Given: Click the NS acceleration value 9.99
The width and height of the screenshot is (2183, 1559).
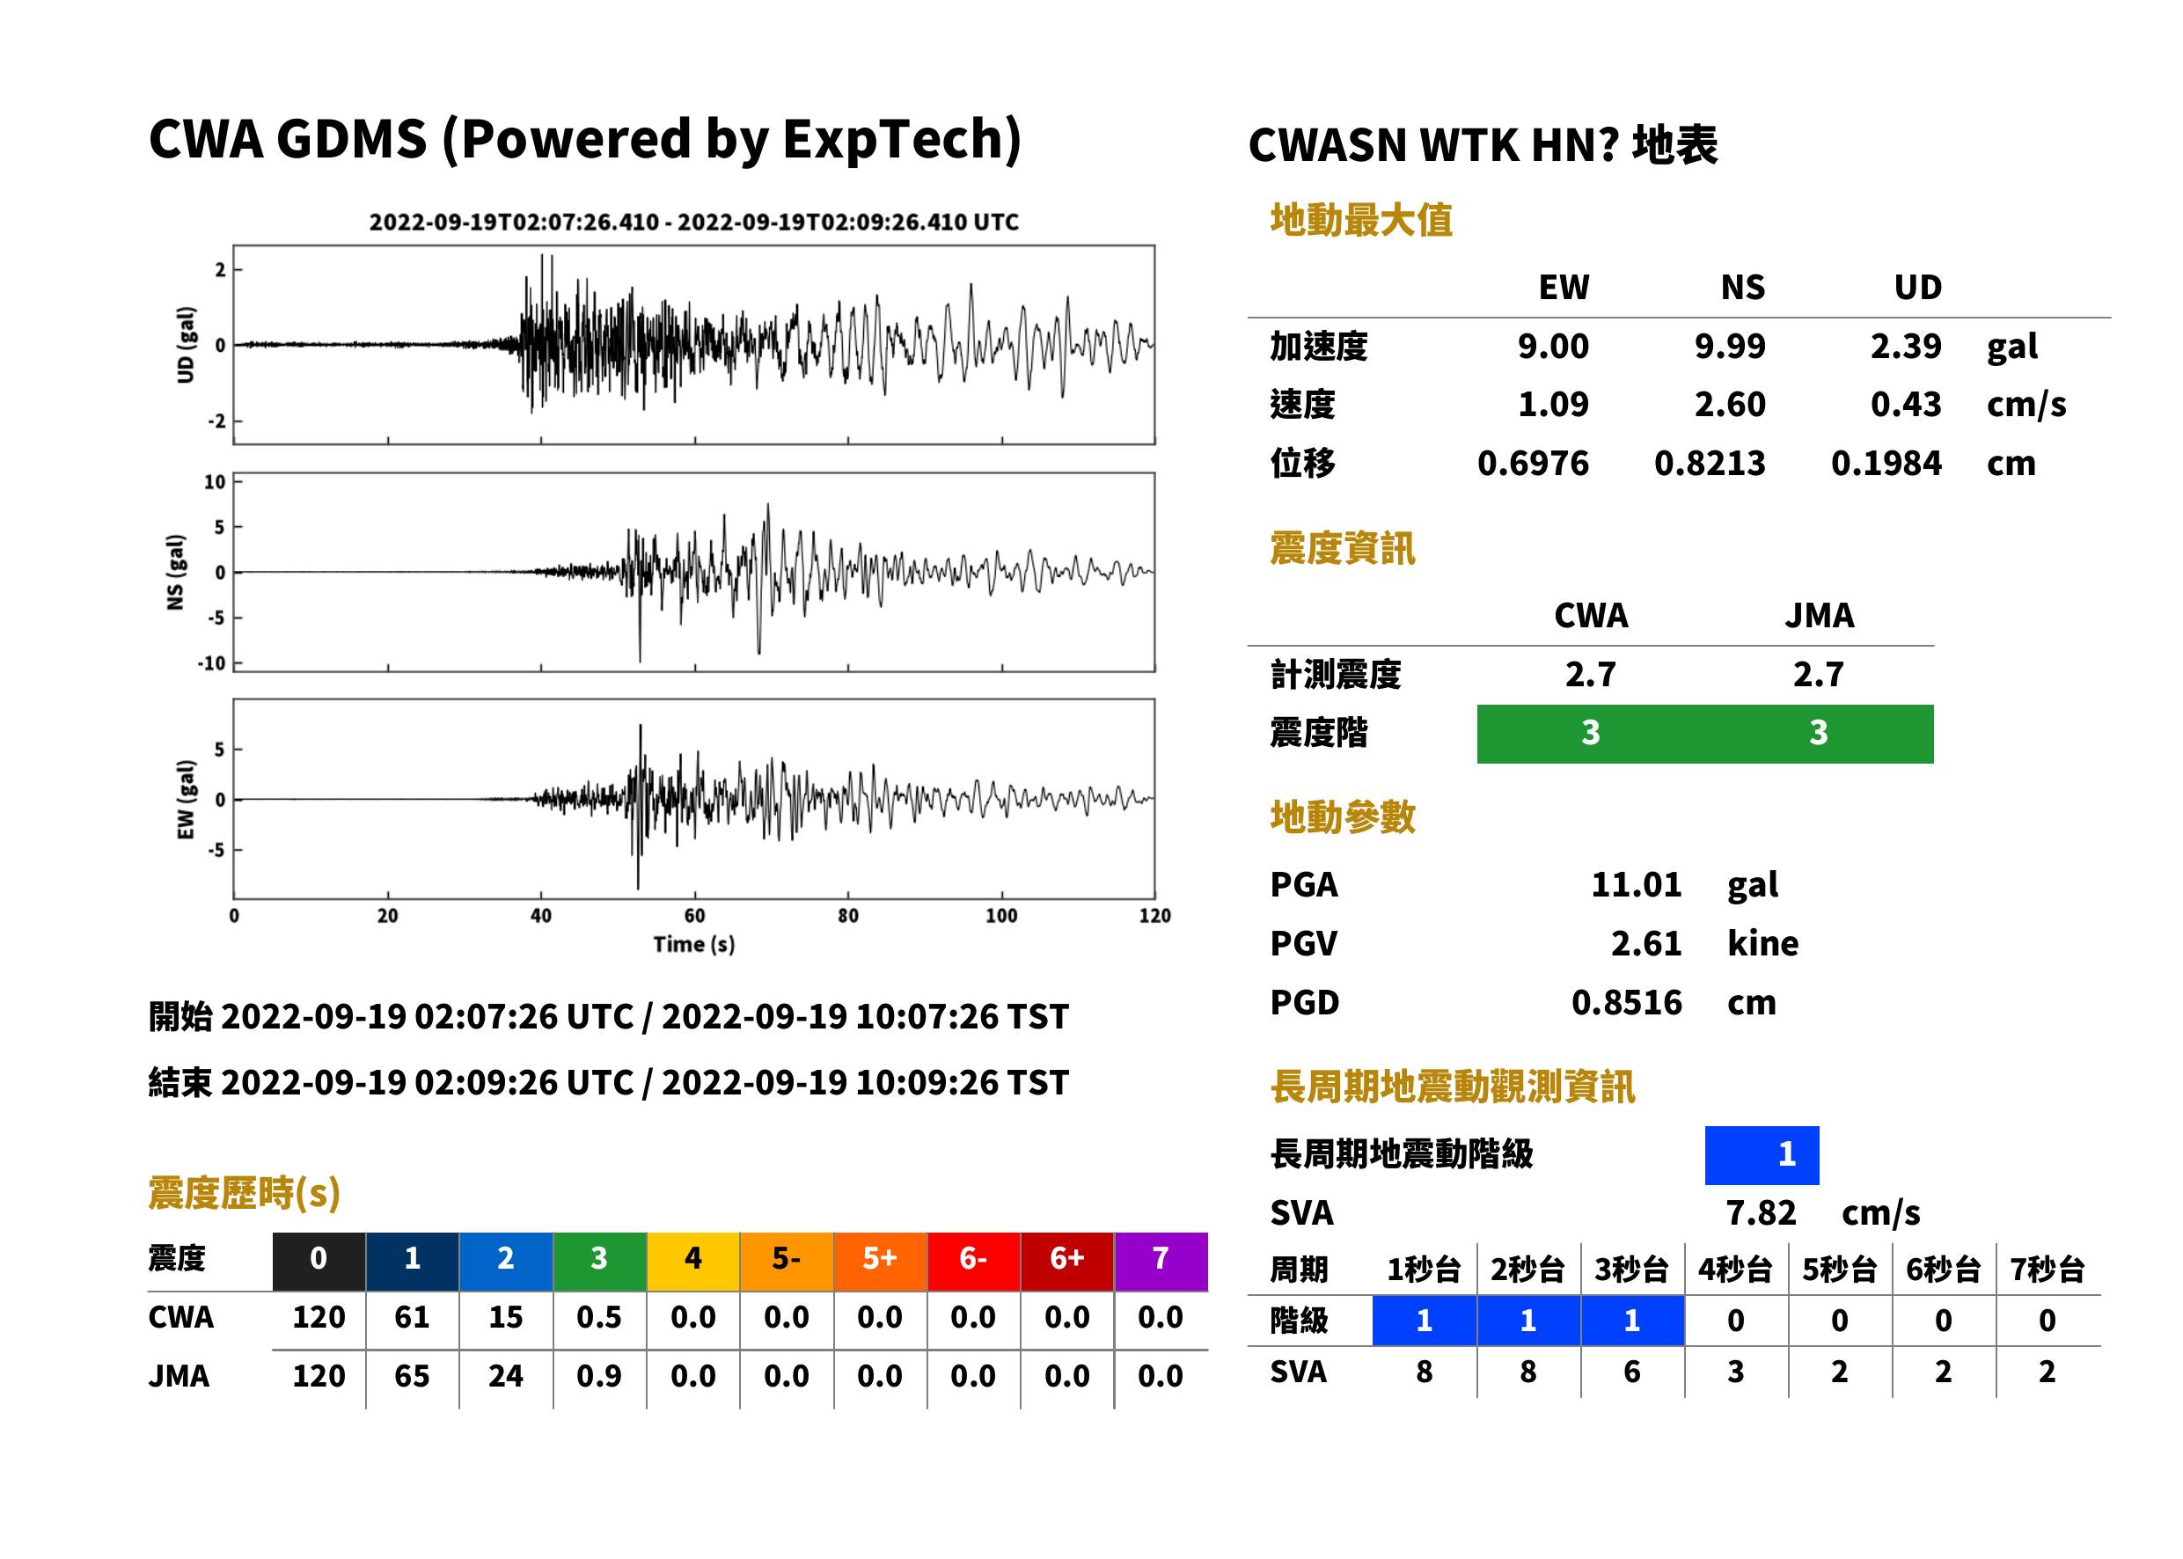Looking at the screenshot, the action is (1729, 346).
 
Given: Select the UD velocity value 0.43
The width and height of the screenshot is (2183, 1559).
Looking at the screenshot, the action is (1906, 404).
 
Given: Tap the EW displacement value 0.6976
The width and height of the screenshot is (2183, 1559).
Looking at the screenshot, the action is (1533, 464).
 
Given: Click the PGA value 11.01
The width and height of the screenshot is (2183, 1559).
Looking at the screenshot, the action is (1636, 884).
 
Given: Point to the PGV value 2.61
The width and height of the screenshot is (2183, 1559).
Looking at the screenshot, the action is (1646, 944).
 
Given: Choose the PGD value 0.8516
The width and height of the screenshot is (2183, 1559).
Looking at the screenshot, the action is (1627, 1003).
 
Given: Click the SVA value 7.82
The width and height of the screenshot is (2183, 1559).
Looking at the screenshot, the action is (1761, 1213).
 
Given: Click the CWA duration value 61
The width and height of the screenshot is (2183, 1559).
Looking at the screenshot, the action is (412, 1317).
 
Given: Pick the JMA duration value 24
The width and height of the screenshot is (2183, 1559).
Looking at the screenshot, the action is (506, 1377).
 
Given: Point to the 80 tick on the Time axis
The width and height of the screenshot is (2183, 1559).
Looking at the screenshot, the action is (847, 916).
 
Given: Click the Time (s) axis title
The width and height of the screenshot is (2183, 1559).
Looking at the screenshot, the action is (694, 945).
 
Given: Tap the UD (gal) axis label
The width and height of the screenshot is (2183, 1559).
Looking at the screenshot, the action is (186, 345).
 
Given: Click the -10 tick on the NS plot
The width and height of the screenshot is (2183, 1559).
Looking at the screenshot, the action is (212, 663).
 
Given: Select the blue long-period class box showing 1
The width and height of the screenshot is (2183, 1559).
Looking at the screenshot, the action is (1762, 1155).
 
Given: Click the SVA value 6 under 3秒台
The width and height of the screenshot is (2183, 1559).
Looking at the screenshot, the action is (1632, 1372).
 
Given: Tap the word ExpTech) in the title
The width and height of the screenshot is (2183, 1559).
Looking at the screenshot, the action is (903, 140).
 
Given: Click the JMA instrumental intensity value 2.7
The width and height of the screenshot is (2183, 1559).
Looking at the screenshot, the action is (1818, 675).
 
